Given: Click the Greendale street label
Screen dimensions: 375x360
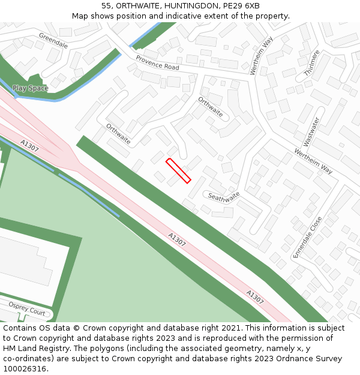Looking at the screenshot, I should [53, 41].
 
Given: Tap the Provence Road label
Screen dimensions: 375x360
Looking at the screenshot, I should [157, 62].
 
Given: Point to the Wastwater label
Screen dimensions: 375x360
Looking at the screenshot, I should [311, 131].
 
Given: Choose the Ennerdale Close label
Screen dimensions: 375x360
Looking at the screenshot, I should [307, 238].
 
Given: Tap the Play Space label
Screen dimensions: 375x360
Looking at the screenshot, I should [30, 88].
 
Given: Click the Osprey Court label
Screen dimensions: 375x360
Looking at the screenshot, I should [26, 308].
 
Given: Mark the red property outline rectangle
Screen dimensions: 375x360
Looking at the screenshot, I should [178, 170].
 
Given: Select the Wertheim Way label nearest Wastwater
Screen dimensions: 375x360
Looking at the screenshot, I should [313, 161].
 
